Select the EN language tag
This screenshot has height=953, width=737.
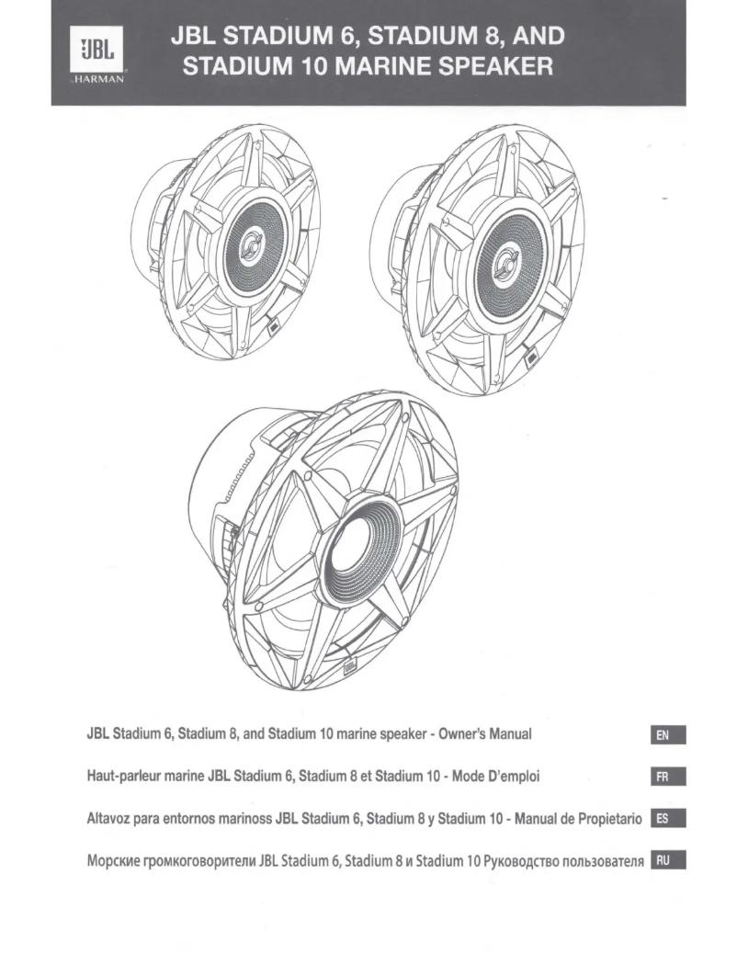click(668, 735)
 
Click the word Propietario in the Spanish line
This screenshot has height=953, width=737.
click(601, 820)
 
